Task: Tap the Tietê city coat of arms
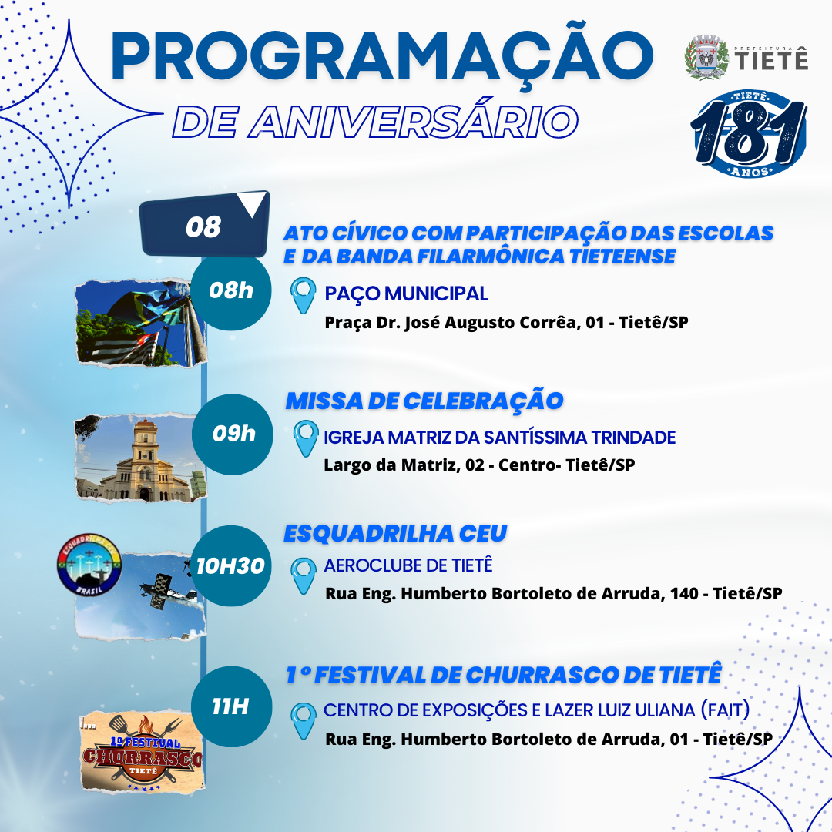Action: pos(706,57)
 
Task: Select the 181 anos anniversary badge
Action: pos(750,134)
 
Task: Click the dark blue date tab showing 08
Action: pos(205,224)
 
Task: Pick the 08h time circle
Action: pos(231,290)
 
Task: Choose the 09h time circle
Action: pos(233,434)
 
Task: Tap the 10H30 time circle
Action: pos(231,565)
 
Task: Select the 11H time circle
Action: pos(231,706)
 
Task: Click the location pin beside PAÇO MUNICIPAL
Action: pos(303,295)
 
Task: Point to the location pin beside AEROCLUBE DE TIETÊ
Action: pos(304,575)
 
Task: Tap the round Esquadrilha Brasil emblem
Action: pos(89,565)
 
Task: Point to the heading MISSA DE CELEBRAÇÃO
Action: pos(424,401)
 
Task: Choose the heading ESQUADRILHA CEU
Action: pos(395,534)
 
